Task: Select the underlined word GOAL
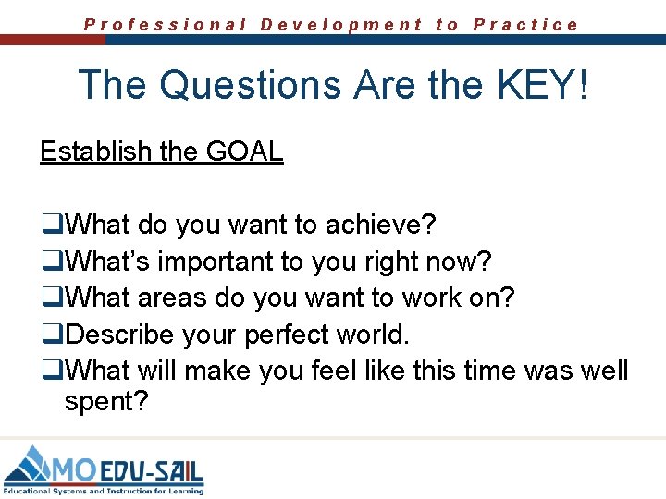click(245, 151)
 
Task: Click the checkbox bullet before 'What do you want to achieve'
click(49, 225)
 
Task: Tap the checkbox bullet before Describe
click(49, 335)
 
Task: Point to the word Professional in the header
click(166, 25)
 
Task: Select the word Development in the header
click(341, 25)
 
